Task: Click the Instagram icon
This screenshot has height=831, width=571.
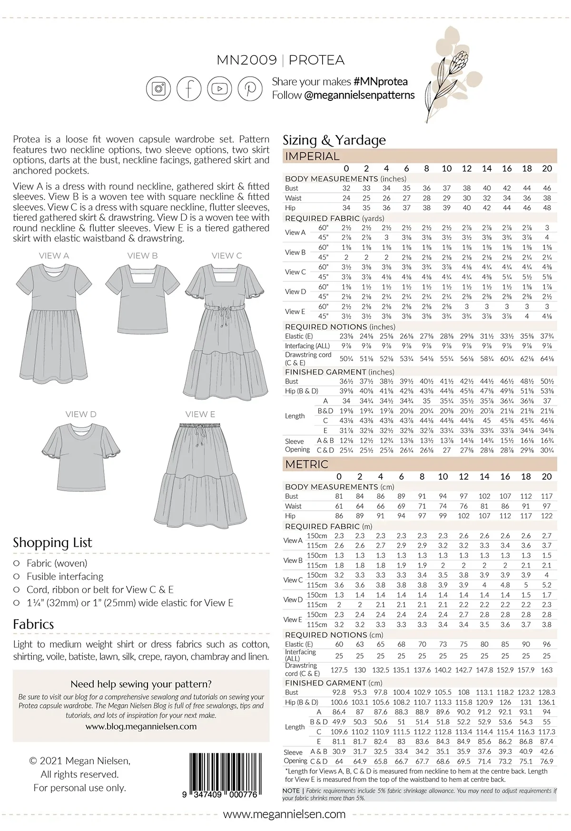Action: click(x=158, y=88)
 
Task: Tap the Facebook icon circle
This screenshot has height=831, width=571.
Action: click(x=189, y=88)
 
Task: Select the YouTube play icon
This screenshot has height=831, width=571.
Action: click(x=219, y=88)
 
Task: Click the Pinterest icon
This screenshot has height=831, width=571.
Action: click(x=250, y=88)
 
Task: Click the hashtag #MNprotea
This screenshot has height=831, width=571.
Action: click(x=380, y=82)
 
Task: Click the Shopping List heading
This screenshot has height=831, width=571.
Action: click(x=52, y=543)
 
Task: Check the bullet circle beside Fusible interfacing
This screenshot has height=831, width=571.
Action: click(x=17, y=576)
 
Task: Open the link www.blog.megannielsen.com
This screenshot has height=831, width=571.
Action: click(x=141, y=726)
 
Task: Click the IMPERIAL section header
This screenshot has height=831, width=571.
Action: click(x=312, y=156)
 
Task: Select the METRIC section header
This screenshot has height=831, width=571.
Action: click(x=306, y=464)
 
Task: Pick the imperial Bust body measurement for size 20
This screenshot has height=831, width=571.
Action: click(x=547, y=188)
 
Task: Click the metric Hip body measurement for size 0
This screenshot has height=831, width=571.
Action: click(x=339, y=515)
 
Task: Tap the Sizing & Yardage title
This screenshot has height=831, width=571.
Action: click(x=334, y=140)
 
